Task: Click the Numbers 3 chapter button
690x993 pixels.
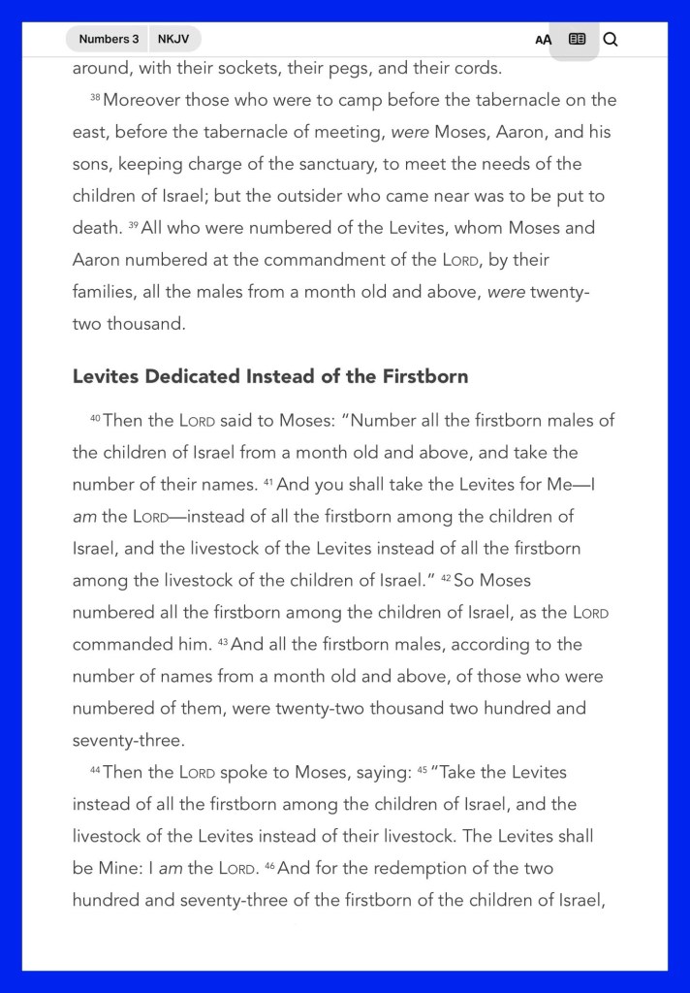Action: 109,39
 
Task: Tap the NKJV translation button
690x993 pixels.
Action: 173,39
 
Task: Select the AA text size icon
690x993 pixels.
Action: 543,40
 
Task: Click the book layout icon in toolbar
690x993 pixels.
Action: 577,39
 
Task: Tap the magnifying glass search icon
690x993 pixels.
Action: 611,39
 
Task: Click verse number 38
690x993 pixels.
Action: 95,99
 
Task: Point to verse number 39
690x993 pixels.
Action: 133,227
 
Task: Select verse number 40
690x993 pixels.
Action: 95,419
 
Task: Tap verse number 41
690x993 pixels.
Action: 268,483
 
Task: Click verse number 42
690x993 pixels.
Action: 446,579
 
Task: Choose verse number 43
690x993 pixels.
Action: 222,643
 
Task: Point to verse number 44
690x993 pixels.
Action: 95,771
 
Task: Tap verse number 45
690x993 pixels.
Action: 422,771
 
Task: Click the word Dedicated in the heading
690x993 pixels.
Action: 191,376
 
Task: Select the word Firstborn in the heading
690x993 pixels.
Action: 424,376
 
